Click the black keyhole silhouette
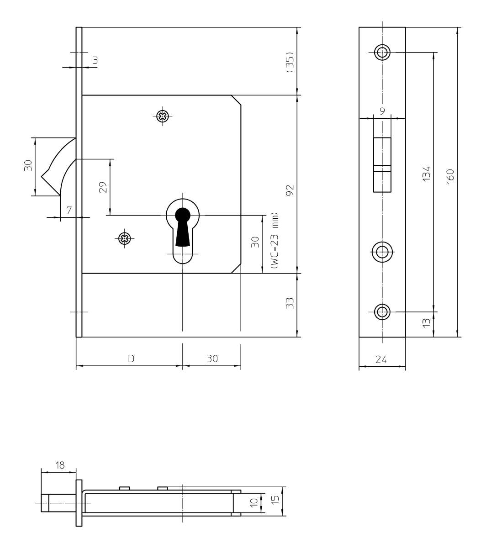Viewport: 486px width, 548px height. click(x=183, y=227)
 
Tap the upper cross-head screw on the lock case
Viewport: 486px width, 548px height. click(x=162, y=116)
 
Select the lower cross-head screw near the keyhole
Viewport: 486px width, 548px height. click(x=125, y=238)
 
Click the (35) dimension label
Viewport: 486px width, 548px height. click(x=290, y=62)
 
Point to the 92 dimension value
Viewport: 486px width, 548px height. click(x=290, y=190)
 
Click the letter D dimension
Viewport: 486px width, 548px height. click(x=131, y=358)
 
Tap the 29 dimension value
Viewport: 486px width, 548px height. click(x=103, y=187)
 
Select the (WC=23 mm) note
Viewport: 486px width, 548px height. click(x=275, y=240)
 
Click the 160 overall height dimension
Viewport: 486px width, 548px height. click(x=450, y=177)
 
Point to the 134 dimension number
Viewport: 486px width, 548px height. click(x=426, y=174)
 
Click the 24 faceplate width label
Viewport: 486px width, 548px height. click(x=381, y=359)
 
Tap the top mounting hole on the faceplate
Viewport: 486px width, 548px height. click(x=382, y=52)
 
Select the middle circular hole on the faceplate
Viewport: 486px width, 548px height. click(x=382, y=252)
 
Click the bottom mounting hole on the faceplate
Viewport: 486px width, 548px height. click(x=382, y=311)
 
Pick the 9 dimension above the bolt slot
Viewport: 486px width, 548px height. click(x=382, y=111)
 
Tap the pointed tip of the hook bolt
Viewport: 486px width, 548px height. click(x=42, y=177)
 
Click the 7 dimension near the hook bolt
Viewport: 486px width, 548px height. click(x=69, y=210)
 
